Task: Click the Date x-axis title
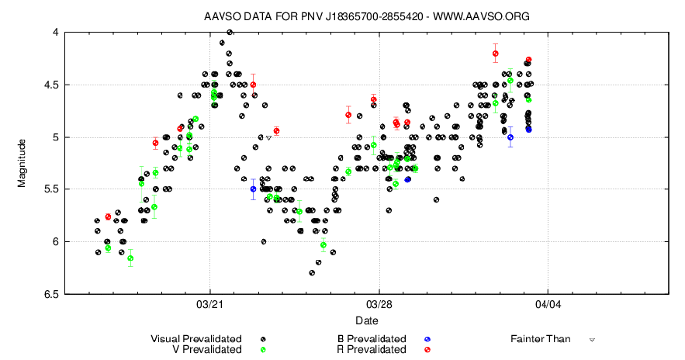pyautogui.click(x=367, y=320)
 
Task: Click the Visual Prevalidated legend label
pyautogui.click(x=195, y=339)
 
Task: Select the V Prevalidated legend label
pyautogui.click(x=206, y=350)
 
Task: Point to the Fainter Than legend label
pyautogui.click(x=540, y=339)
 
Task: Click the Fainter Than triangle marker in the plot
pyautogui.click(x=268, y=137)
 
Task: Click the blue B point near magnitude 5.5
pyautogui.click(x=253, y=189)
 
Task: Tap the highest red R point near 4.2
pyautogui.click(x=495, y=54)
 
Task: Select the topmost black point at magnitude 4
pyautogui.click(x=230, y=33)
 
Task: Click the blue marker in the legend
pyautogui.click(x=427, y=339)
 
